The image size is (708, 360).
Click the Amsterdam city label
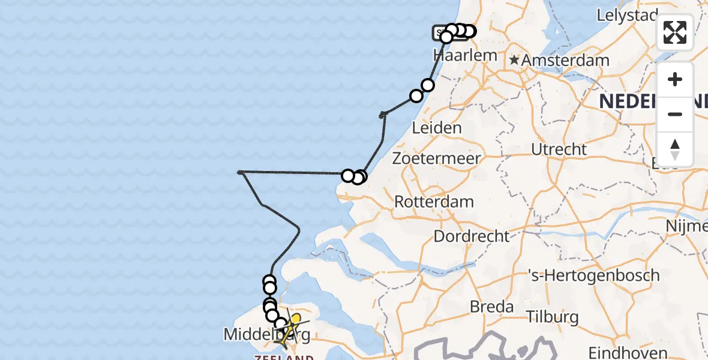[565, 61]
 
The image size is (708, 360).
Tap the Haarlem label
[465, 55]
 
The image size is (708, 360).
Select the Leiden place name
[437, 128]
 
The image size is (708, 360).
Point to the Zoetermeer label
[436, 158]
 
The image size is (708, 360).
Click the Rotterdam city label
[434, 202]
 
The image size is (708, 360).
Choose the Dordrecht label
[471, 236]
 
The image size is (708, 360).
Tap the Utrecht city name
[559, 149]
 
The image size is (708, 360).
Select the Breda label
[491, 307]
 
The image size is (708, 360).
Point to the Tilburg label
[552, 316]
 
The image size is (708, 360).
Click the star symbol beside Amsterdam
[514, 60]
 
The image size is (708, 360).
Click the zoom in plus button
[675, 79]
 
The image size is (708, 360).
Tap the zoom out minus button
[675, 114]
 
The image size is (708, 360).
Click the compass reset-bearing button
[675, 149]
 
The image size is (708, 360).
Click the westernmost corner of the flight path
[240, 172]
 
